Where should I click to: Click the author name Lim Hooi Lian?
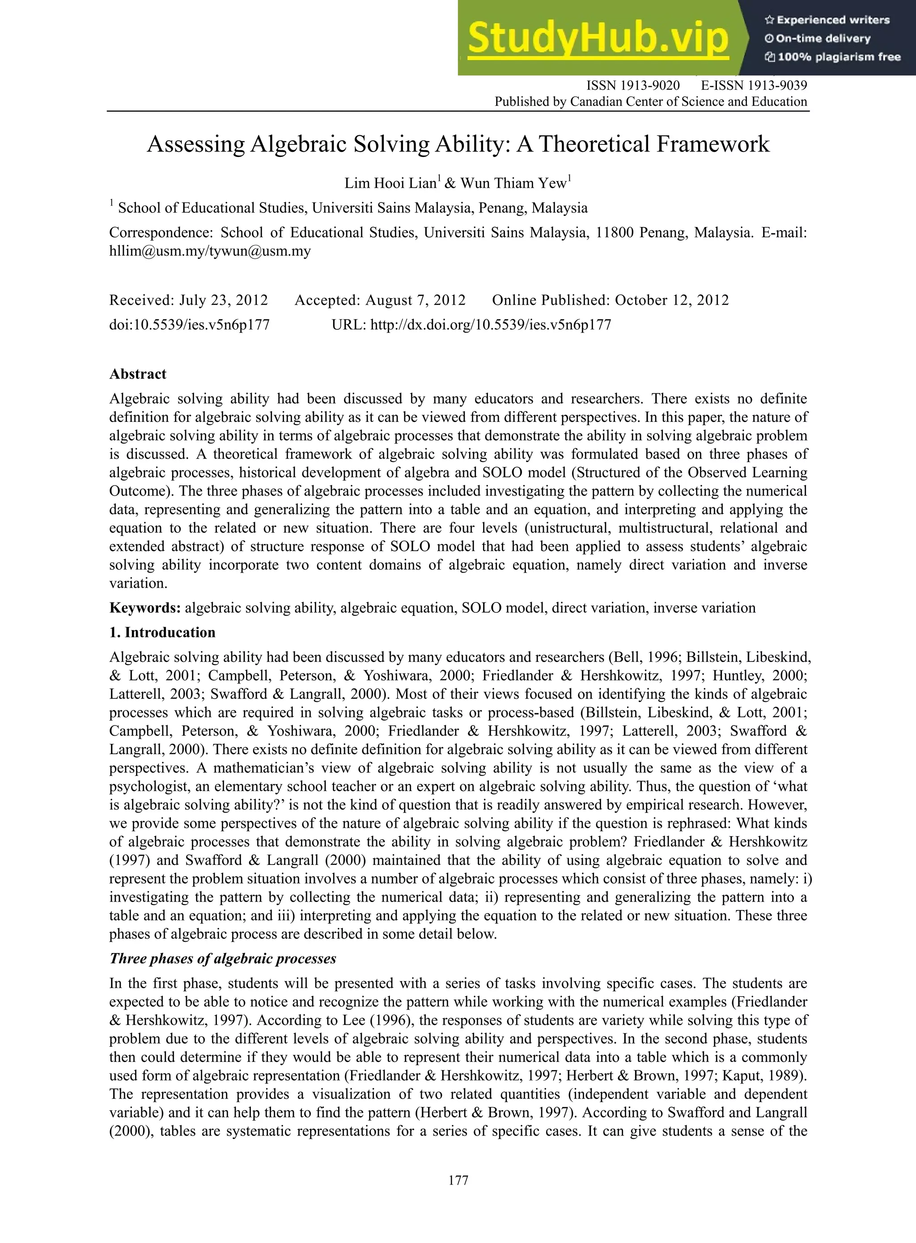[390, 183]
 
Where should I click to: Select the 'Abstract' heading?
[137, 374]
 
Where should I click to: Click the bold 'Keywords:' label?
[145, 608]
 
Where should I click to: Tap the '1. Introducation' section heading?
[162, 633]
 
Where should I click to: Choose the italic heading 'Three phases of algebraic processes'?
[222, 959]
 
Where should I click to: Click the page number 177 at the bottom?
[458, 1180]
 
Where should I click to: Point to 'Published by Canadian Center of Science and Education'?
[650, 102]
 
